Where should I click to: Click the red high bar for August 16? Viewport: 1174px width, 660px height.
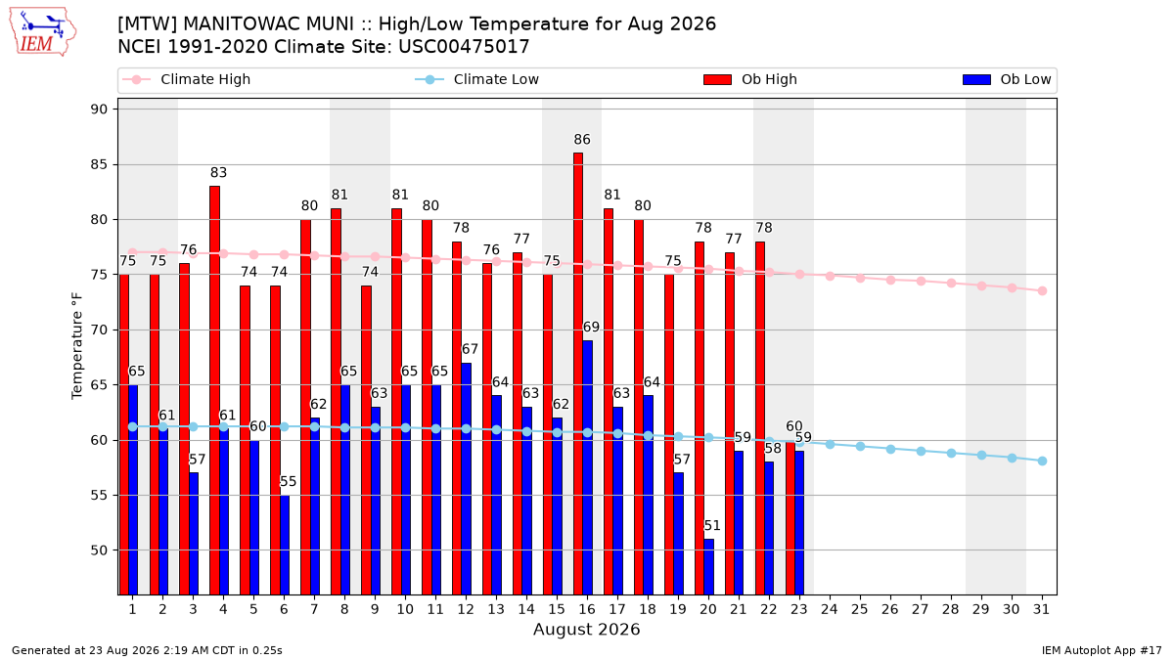[577, 374]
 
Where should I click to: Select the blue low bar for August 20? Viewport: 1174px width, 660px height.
[708, 567]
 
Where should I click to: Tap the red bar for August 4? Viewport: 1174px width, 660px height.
[214, 390]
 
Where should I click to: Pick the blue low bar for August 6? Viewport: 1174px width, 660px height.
[285, 545]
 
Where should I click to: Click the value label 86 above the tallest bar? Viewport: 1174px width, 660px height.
[582, 139]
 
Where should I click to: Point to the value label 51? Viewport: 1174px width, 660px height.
[712, 525]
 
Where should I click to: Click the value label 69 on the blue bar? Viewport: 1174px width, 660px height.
[591, 327]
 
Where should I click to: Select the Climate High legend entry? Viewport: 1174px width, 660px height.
[186, 79]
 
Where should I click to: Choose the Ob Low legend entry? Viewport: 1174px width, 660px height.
[1007, 79]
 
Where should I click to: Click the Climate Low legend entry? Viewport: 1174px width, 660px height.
[477, 79]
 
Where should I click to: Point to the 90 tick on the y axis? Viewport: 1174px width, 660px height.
[99, 109]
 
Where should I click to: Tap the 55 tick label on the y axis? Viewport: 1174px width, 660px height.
[99, 495]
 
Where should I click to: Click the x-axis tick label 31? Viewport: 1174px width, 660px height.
[1041, 609]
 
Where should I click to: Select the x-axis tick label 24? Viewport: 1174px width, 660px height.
[830, 609]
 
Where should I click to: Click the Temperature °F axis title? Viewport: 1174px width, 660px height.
[77, 346]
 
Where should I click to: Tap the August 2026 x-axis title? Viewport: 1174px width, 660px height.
[586, 629]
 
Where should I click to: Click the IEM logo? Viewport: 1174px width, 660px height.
[43, 31]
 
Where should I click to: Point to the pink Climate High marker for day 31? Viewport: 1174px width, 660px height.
[1043, 290]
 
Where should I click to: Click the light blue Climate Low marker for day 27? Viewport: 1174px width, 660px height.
[921, 451]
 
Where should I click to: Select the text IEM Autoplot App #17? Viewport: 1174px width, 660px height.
[1102, 650]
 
